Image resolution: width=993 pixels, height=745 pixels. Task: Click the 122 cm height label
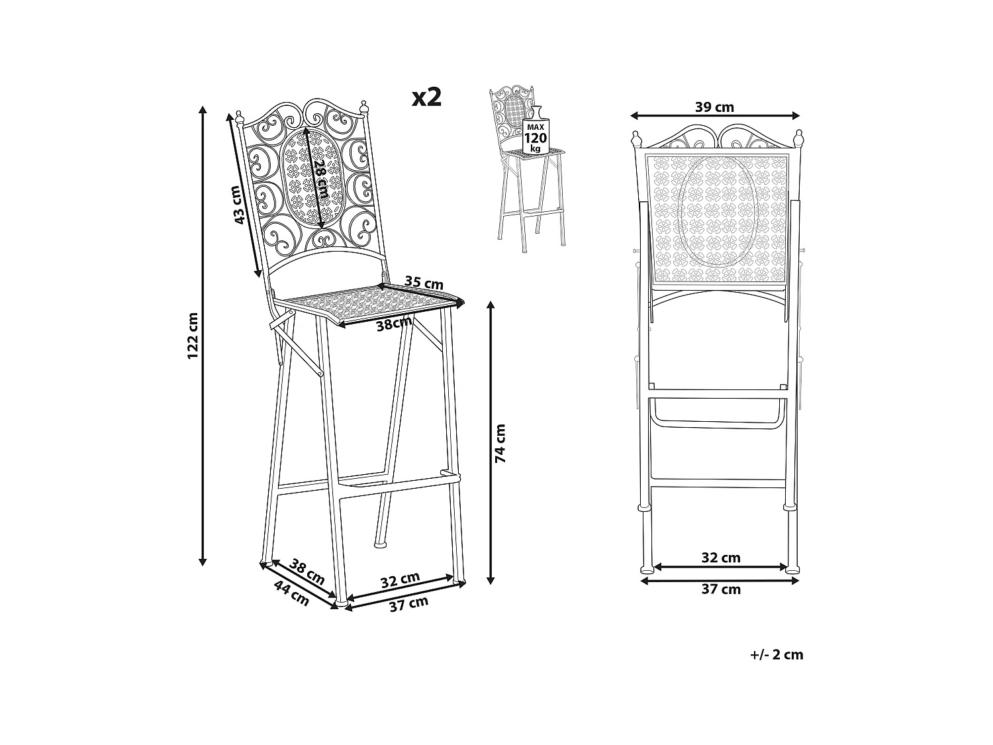[x=193, y=335]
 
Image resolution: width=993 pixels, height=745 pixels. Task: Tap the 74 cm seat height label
[x=500, y=443]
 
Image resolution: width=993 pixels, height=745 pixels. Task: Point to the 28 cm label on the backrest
[x=322, y=177]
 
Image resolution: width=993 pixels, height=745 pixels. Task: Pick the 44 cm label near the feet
[x=292, y=593]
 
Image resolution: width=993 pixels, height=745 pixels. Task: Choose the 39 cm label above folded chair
[x=714, y=107]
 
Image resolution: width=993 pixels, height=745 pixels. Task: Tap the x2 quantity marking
[x=426, y=97]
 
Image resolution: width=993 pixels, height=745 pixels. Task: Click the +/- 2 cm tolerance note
[x=777, y=654]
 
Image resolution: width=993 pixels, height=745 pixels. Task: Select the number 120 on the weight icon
[x=535, y=138]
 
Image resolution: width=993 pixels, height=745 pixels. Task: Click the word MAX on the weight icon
[x=535, y=128]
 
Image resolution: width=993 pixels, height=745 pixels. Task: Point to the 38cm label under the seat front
[x=395, y=323]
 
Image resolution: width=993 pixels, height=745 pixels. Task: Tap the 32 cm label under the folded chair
[x=721, y=558]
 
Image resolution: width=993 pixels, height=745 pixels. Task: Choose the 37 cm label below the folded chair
[x=721, y=589]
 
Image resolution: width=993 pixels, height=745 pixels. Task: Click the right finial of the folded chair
[x=798, y=138]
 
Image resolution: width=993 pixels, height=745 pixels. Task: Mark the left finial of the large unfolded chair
[x=240, y=119]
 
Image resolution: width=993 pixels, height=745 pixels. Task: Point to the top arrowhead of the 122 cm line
[x=203, y=110]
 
